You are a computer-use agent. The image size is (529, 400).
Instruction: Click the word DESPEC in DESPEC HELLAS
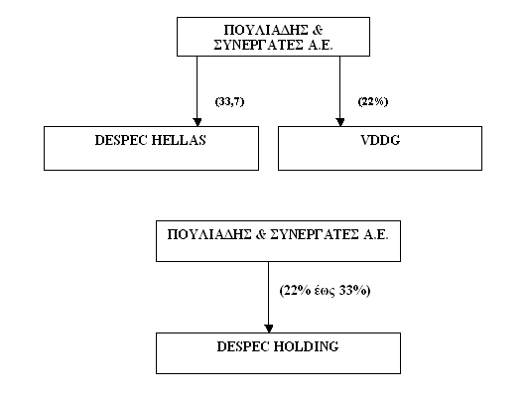point(120,140)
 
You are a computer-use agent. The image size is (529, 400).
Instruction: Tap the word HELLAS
point(179,140)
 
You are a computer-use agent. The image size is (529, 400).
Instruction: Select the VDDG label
point(380,140)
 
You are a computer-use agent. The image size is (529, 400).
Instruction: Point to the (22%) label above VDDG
point(373,101)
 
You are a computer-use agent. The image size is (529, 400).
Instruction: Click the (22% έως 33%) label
point(325,291)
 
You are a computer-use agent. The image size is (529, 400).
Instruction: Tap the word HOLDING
point(306,346)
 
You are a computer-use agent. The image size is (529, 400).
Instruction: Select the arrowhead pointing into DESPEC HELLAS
point(198,122)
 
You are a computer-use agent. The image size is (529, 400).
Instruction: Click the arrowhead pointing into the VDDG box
point(340,122)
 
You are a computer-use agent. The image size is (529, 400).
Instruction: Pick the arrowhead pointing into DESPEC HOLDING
point(269,329)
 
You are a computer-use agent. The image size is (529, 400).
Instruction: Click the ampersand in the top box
point(318,30)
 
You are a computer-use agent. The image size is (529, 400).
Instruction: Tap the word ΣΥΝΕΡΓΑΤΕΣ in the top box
point(258,45)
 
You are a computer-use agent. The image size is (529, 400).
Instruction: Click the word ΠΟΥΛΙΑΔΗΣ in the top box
point(266,30)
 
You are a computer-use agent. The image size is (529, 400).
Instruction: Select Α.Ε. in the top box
point(321,45)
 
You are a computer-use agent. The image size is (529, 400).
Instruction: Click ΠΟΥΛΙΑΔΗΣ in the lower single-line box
point(209,234)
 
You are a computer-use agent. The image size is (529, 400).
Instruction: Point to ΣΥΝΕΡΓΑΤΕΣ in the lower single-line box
point(315,234)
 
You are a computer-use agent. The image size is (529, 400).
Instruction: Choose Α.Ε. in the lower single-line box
point(376,234)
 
